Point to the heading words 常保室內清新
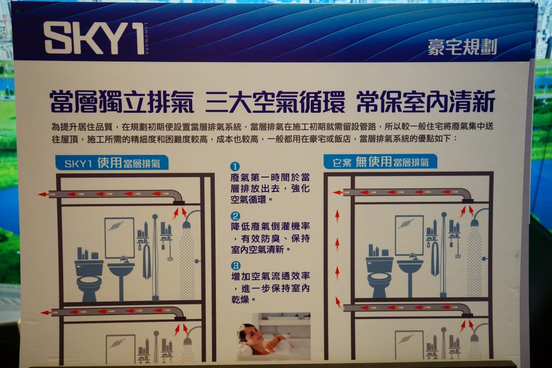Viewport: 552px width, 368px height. coord(426,101)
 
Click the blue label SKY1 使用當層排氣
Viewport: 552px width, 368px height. coord(112,163)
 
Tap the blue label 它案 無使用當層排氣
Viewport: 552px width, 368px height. coord(380,162)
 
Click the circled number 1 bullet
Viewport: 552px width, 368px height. coord(235,167)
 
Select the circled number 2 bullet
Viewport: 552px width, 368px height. coord(235,216)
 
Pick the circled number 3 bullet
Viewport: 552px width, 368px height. coord(235,265)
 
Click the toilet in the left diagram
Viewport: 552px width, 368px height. coord(89,280)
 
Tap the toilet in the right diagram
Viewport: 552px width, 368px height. coord(379,276)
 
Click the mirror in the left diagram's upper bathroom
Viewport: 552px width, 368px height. coord(119,237)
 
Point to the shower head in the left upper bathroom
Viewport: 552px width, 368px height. coord(187,223)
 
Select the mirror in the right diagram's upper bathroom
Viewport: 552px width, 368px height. coord(409,235)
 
